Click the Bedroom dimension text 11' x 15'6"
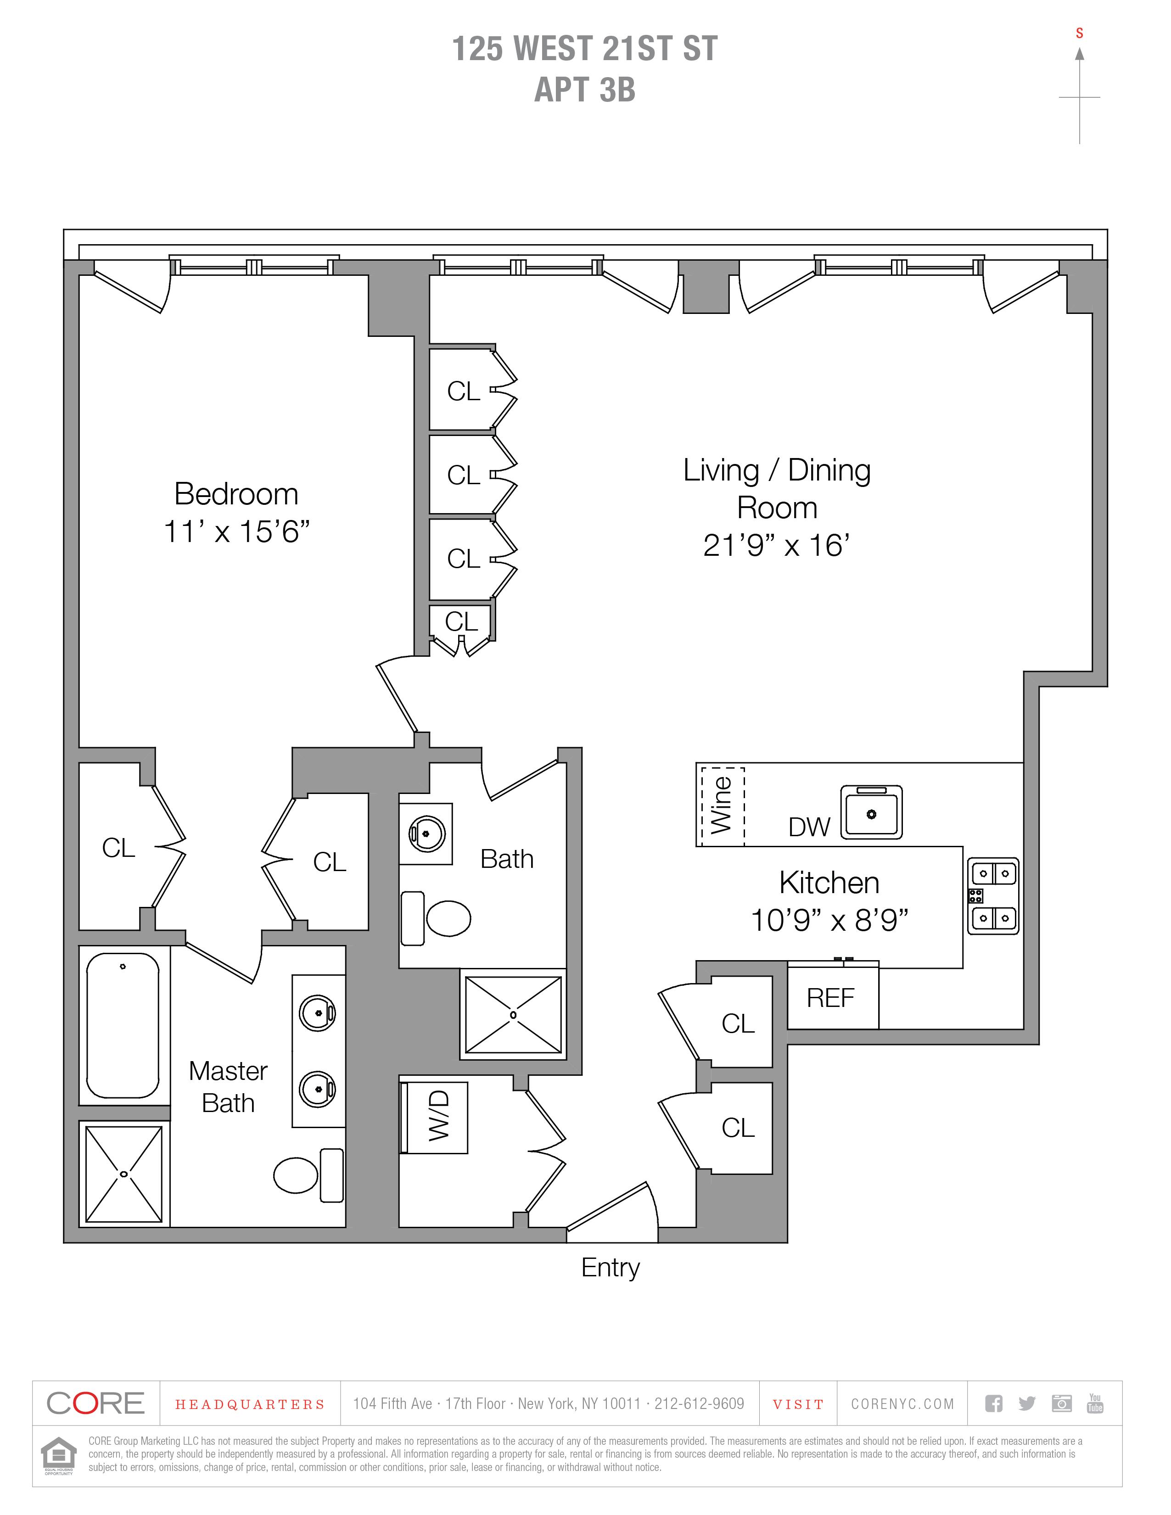(236, 532)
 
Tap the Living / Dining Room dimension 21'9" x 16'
(776, 545)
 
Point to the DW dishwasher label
(809, 827)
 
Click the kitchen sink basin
(871, 812)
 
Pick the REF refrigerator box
(833, 998)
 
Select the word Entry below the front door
(611, 1268)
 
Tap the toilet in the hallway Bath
(436, 918)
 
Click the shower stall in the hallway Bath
(513, 1015)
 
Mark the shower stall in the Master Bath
(123, 1174)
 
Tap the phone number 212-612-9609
(699, 1404)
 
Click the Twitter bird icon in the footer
(1027, 1404)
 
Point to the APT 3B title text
(585, 89)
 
